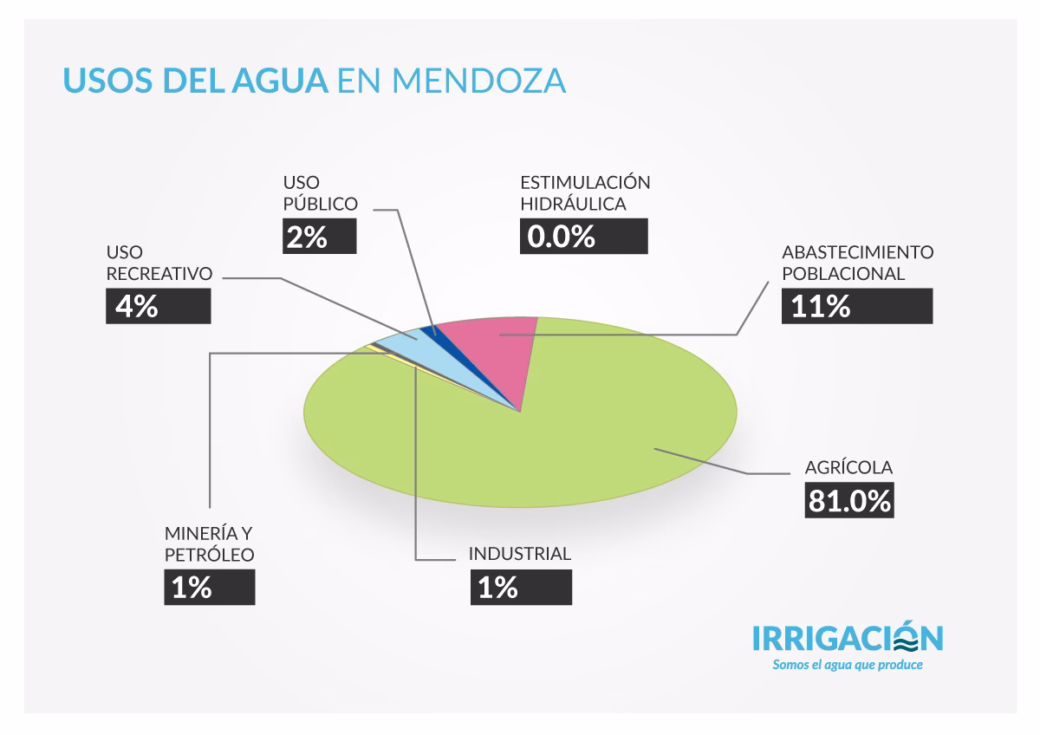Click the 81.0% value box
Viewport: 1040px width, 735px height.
tap(848, 500)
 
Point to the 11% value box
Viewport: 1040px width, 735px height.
tap(856, 306)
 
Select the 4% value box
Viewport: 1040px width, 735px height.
tap(159, 306)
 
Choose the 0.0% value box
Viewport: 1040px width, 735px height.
tap(583, 236)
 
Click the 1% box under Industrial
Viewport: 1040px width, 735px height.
tap(520, 588)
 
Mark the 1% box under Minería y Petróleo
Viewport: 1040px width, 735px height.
tap(209, 588)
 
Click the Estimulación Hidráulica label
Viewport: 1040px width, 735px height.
tap(584, 193)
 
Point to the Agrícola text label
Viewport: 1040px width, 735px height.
tap(848, 468)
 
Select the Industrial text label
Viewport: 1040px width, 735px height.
tap(520, 554)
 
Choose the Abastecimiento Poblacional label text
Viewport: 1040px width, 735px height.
tap(856, 263)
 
